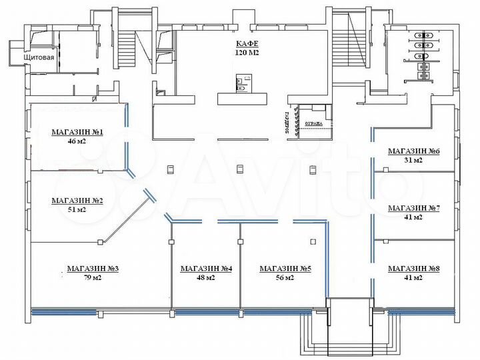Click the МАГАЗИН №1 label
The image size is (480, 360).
[77, 132]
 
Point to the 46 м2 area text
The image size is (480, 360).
[77, 141]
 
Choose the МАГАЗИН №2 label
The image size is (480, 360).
[77, 200]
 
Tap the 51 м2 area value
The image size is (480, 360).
[77, 209]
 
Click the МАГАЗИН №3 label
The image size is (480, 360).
[93, 269]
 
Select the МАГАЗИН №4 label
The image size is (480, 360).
[206, 269]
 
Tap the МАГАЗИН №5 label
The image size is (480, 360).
[285, 269]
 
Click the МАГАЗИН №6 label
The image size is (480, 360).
[414, 151]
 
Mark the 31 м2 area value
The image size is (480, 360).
[414, 161]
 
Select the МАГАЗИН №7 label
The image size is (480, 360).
[414, 208]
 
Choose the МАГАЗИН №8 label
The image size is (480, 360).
[414, 269]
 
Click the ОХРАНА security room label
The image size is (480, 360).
[313, 124]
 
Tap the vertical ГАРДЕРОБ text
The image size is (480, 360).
[290, 123]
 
